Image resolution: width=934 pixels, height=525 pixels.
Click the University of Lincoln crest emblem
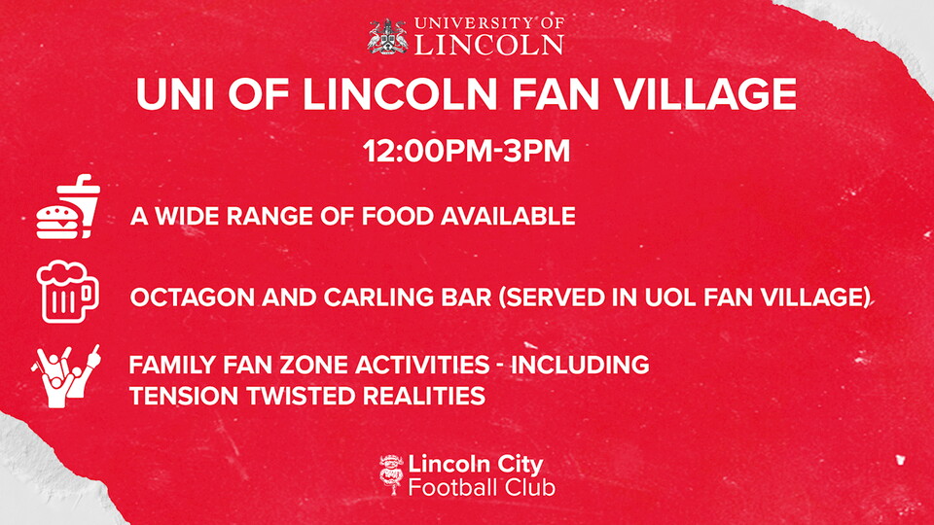click(388, 36)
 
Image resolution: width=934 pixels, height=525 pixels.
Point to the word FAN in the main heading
click(556, 93)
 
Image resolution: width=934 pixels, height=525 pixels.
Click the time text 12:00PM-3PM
click(466, 151)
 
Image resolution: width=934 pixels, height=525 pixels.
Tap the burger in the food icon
click(56, 223)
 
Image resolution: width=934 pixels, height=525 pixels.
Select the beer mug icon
click(67, 292)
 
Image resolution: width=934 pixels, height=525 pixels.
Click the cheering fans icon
click(65, 376)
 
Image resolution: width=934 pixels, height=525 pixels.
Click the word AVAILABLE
click(508, 216)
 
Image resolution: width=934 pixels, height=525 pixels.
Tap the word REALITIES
click(424, 396)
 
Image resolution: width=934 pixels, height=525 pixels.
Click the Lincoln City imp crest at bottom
click(391, 474)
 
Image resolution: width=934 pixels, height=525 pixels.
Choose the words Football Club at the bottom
click(482, 487)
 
